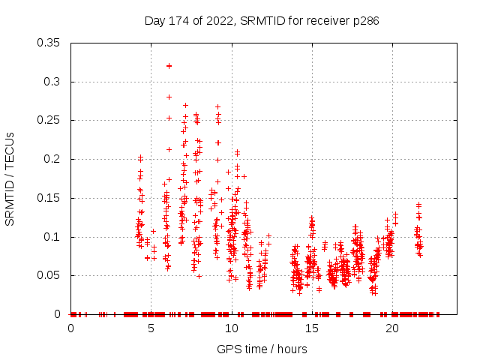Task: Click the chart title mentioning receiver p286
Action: pyautogui.click(x=262, y=21)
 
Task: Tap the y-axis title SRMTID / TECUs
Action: pyautogui.click(x=10, y=178)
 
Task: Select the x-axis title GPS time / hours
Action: pyautogui.click(x=262, y=349)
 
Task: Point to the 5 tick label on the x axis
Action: pyautogui.click(x=151, y=328)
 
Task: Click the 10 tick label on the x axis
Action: pyautogui.click(x=231, y=328)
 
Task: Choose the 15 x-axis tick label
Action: pyautogui.click(x=311, y=328)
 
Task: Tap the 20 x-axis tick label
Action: pyautogui.click(x=391, y=328)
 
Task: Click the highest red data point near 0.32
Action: pyautogui.click(x=169, y=66)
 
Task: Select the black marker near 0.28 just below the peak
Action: pyautogui.click(x=169, y=97)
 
